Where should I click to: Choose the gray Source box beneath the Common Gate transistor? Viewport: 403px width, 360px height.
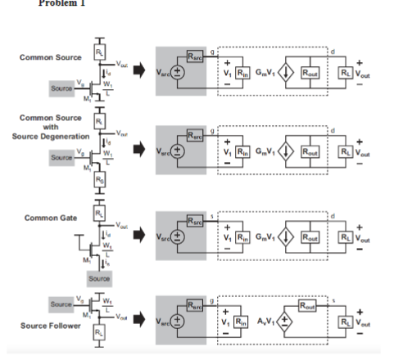pos(99,277)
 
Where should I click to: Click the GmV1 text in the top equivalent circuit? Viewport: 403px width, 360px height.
pos(264,72)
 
